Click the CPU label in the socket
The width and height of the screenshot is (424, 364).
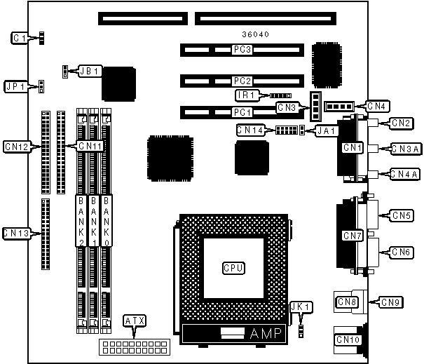pyautogui.click(x=233, y=267)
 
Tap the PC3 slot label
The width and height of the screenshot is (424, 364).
pyautogui.click(x=242, y=50)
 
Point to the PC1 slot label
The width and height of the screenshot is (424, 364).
pyautogui.click(x=242, y=112)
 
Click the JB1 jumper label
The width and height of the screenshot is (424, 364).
pyautogui.click(x=90, y=71)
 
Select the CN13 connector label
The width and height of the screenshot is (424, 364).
pyautogui.click(x=15, y=232)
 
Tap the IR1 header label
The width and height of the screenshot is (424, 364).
pyautogui.click(x=245, y=94)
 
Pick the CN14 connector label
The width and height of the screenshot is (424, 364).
pyautogui.click(x=250, y=130)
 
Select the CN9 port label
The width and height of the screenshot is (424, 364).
pyautogui.click(x=391, y=302)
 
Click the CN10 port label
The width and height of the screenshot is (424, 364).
pyautogui.click(x=348, y=340)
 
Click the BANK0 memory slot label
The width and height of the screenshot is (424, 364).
pyautogui.click(x=107, y=219)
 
